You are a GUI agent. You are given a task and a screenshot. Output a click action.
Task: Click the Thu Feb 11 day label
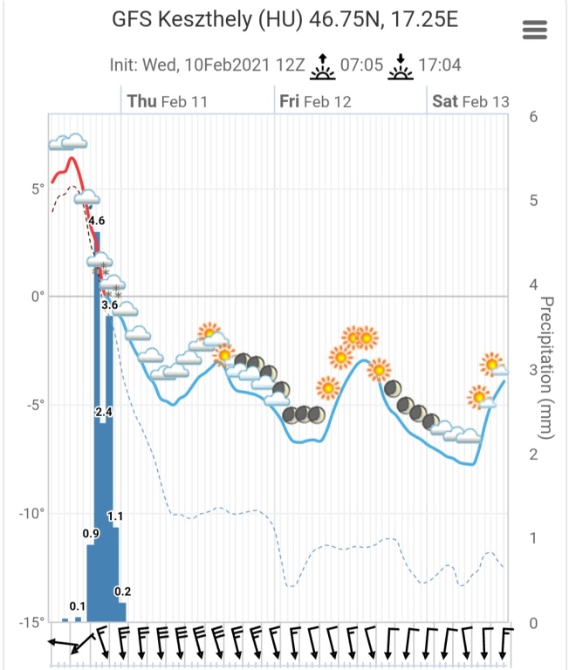[x=168, y=101]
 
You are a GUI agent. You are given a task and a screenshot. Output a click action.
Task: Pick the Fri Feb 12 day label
[x=315, y=101]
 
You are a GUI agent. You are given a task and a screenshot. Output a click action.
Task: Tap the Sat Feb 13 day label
[x=471, y=101]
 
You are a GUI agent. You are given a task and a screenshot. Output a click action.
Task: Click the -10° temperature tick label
[x=31, y=513]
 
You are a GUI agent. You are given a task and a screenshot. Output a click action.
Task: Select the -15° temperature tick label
[x=31, y=622]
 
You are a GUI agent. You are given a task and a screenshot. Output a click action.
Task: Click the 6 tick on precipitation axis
[x=532, y=116]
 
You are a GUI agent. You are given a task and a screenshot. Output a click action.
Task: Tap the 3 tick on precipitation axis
[x=532, y=370]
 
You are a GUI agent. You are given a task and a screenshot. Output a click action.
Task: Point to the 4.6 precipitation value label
[x=97, y=221]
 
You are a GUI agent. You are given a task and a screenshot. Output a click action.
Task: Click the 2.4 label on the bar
[x=104, y=411]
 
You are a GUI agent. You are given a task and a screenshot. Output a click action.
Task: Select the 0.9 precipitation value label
[x=91, y=533]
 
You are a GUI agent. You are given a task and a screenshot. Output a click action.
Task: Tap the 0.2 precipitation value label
[x=122, y=592]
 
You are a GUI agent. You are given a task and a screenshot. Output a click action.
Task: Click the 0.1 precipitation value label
[x=78, y=605]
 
